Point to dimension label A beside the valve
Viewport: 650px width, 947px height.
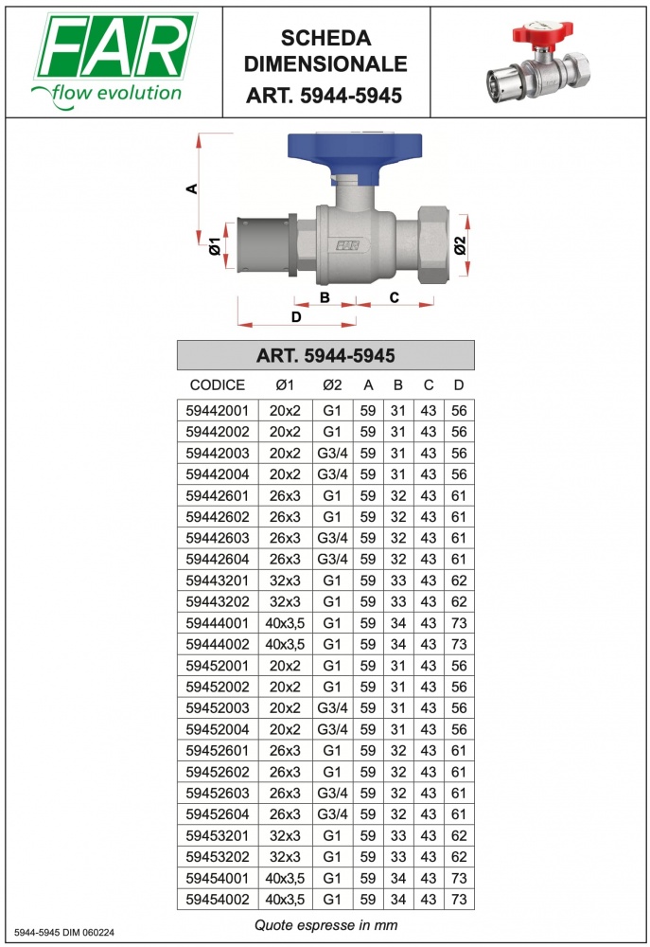[x=192, y=189]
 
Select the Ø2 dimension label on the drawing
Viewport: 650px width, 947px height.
[x=460, y=245]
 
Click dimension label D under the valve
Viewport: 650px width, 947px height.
[x=296, y=317]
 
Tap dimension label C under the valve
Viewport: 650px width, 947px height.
[x=395, y=297]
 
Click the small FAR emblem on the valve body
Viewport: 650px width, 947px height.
[x=347, y=245]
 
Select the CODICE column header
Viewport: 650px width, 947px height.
[x=218, y=385]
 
